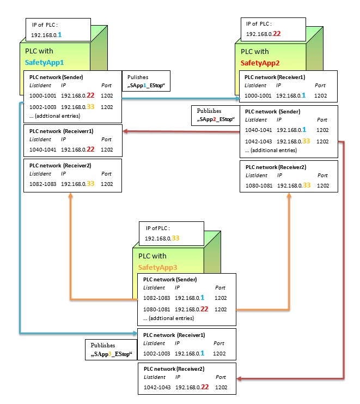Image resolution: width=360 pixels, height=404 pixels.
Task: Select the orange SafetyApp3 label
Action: click(x=158, y=267)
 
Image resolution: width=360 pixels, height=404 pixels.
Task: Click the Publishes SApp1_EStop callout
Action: click(x=146, y=82)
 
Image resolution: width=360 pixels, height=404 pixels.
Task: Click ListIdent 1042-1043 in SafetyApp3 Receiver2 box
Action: click(x=156, y=387)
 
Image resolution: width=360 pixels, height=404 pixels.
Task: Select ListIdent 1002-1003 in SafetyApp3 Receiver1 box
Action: click(x=156, y=353)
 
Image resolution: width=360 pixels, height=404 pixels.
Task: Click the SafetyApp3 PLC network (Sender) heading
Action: click(x=169, y=279)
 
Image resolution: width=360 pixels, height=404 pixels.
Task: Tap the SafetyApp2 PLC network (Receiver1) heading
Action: click(x=275, y=77)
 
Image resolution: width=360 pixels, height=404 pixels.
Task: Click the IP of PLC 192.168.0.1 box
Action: click(x=57, y=30)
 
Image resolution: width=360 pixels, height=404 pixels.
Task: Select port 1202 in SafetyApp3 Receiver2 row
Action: click(x=221, y=387)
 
